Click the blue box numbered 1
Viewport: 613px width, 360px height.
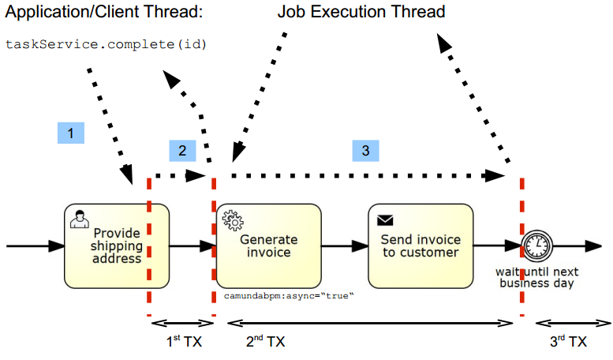point(71,133)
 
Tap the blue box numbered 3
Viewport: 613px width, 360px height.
point(365,151)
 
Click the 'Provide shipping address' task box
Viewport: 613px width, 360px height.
point(117,246)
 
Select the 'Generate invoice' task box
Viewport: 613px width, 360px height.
point(268,246)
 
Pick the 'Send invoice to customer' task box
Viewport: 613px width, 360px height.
point(420,246)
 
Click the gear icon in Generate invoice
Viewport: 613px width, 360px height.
point(231,219)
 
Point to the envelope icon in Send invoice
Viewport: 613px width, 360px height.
point(385,220)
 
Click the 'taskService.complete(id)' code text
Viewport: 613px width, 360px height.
point(106,44)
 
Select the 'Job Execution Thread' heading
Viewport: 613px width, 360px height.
point(361,13)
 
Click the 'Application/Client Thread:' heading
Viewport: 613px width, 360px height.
point(104,13)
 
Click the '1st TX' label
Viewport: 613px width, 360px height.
point(182,341)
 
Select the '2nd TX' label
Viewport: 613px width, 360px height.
point(265,341)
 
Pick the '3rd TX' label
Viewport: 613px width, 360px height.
point(568,341)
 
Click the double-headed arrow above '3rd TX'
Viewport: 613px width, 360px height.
point(572,322)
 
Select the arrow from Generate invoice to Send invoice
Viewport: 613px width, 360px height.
point(344,246)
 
